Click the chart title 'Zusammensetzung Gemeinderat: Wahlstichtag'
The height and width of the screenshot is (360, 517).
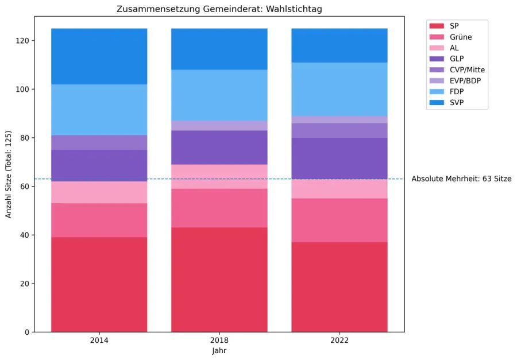pyautogui.click(x=219, y=9)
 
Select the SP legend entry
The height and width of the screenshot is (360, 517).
pyautogui.click(x=454, y=26)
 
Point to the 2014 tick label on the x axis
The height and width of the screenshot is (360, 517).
pyautogui.click(x=99, y=340)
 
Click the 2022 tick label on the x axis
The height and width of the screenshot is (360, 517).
pyautogui.click(x=339, y=340)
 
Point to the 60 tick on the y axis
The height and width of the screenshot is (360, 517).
pyautogui.click(x=24, y=187)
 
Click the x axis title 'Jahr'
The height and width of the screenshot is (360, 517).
pyautogui.click(x=219, y=350)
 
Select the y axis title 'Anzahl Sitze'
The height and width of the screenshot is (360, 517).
pyautogui.click(x=9, y=173)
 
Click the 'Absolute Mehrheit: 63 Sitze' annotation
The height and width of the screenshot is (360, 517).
pyautogui.click(x=461, y=179)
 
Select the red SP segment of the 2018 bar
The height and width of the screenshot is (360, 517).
pyautogui.click(x=219, y=280)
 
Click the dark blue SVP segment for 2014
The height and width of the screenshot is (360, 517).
pyautogui.click(x=99, y=56)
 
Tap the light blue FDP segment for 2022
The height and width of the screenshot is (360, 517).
pyautogui.click(x=339, y=89)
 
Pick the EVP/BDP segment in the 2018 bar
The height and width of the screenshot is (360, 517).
pyautogui.click(x=219, y=126)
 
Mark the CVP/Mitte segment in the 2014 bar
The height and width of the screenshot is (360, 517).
pyautogui.click(x=99, y=142)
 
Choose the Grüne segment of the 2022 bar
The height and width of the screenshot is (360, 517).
pyautogui.click(x=339, y=220)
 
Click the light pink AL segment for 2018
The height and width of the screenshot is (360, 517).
pyautogui.click(x=219, y=177)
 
